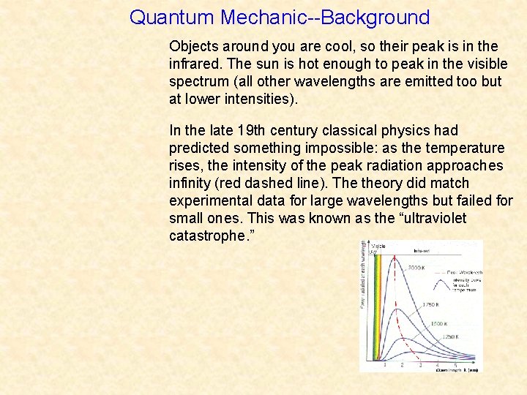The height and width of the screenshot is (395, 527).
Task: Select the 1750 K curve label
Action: click(431, 304)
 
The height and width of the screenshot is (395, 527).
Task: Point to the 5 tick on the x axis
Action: click(455, 364)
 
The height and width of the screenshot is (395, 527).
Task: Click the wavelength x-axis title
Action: click(457, 370)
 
